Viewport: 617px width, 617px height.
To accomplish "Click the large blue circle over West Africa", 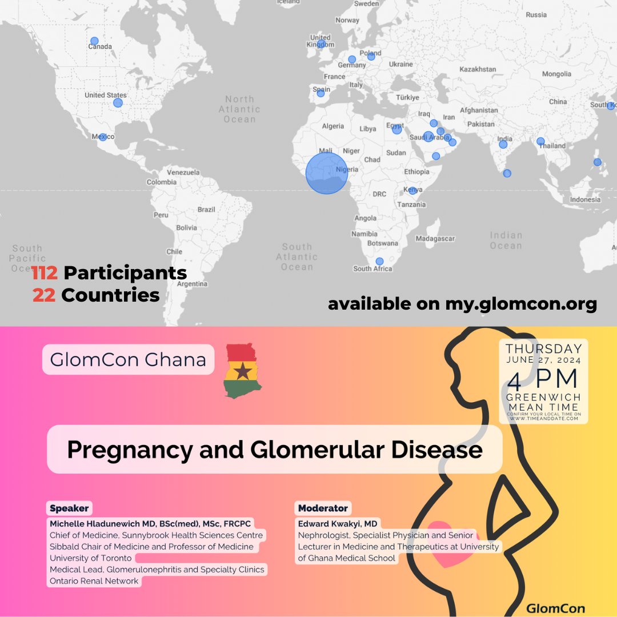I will coord(326,173).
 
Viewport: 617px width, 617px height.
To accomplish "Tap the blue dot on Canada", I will coord(94,41).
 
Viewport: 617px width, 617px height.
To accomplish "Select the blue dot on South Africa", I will coord(379,262).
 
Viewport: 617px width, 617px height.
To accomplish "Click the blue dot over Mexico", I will coord(103,137).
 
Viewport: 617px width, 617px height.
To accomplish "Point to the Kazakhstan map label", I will coord(478,69).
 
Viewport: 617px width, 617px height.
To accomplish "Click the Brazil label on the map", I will coord(206,210).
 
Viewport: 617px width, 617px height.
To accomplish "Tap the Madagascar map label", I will coord(435,238).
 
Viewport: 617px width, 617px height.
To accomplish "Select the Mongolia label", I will coord(556,74).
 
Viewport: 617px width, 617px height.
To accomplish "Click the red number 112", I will coord(45,273).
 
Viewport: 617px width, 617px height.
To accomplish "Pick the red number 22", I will coord(44,295).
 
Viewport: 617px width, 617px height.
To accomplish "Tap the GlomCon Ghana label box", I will coord(128,360).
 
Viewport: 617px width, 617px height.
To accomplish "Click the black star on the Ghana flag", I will coord(243,372).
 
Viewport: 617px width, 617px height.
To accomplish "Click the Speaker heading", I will coord(70,508).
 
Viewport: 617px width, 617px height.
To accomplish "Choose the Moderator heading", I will coord(323,508).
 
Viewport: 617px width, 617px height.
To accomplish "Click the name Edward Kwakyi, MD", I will coord(338,523).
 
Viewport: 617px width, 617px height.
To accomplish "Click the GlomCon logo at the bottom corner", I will coord(555,608).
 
